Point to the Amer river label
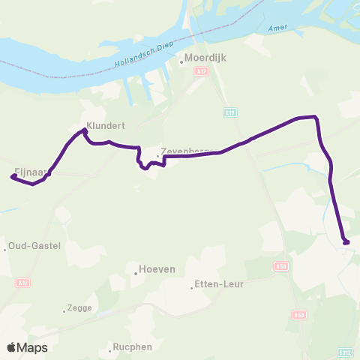coord(277,28)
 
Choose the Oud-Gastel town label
coord(34,246)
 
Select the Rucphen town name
coord(132,347)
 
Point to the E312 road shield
coord(346,352)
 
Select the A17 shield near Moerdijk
coord(199,71)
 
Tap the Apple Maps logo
coord(27,347)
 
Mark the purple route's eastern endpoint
coord(346,241)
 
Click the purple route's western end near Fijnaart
coord(13,177)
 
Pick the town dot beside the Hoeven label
coord(135,273)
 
